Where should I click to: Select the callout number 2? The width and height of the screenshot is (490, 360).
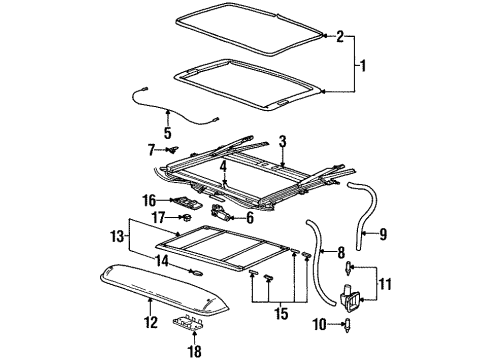(340, 37)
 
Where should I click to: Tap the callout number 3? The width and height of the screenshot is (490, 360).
(283, 142)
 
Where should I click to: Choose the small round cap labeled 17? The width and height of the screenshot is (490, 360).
(186, 216)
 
